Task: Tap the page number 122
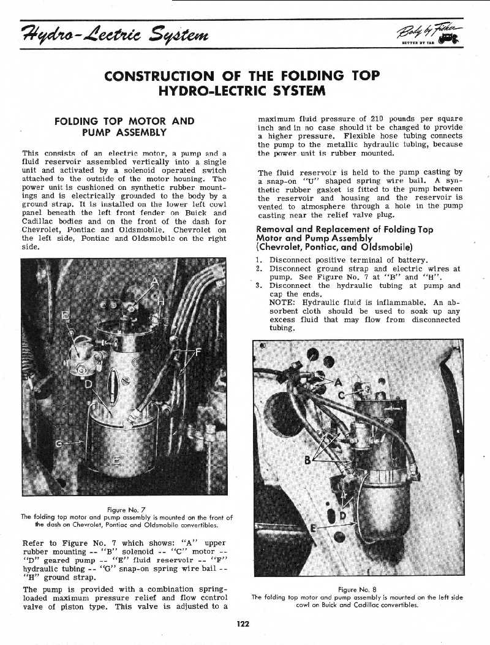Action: [x=244, y=624]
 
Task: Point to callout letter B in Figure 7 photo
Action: [x=65, y=317]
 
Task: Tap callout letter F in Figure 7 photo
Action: [x=197, y=352]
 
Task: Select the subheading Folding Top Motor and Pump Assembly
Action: [x=124, y=126]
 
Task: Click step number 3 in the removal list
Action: [x=259, y=285]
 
